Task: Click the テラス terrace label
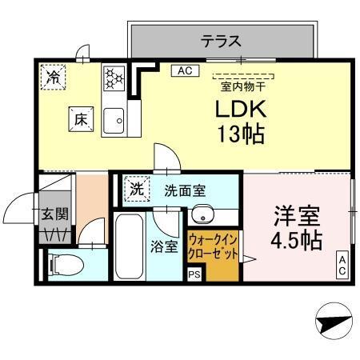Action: click(x=221, y=39)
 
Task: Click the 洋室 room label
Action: click(x=297, y=215)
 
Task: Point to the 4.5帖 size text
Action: click(x=297, y=240)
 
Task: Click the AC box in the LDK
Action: click(x=184, y=70)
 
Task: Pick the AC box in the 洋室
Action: click(x=342, y=265)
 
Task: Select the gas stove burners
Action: click(x=113, y=78)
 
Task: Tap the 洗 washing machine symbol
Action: click(x=137, y=190)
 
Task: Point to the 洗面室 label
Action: click(x=185, y=191)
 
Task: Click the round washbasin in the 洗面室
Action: click(x=202, y=214)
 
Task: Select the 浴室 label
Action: click(x=166, y=247)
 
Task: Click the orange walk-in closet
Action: click(x=213, y=252)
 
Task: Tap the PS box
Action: click(x=194, y=274)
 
